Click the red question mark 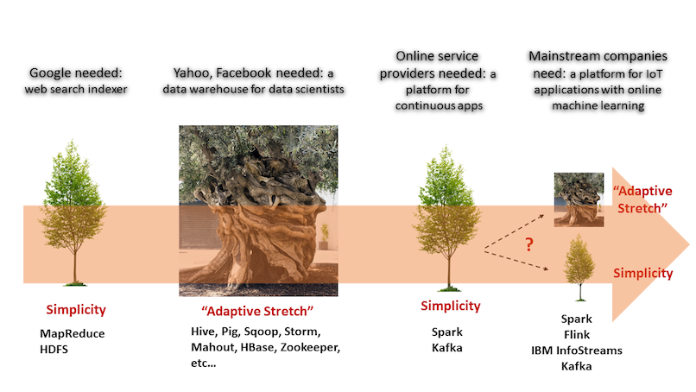(528, 244)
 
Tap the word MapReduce (73, 333)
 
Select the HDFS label (54, 350)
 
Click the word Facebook (244, 73)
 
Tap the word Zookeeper (310, 347)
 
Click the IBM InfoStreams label (577, 351)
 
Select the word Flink (577, 334)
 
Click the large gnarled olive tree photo (258, 211)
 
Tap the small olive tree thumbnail (579, 199)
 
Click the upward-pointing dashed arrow (514, 231)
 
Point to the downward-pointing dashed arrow (516, 261)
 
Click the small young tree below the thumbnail (579, 268)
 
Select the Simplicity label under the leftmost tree (76, 309)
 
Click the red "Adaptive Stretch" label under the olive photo (257, 311)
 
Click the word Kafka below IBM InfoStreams (576, 366)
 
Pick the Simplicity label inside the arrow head (643, 273)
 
